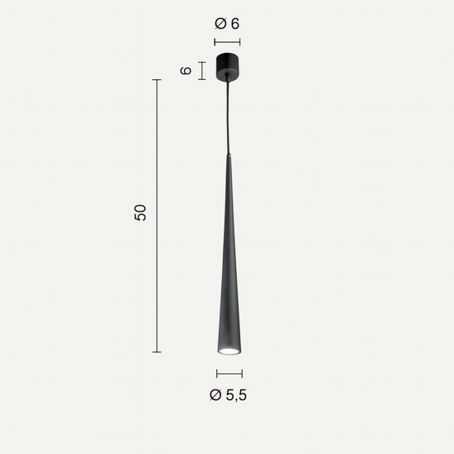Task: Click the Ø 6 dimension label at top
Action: pos(227,24)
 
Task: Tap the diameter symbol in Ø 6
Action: pos(220,24)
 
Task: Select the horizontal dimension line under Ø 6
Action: pos(227,40)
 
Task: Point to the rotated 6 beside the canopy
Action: pos(187,71)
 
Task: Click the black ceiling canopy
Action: pos(227,65)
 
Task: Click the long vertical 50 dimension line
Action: pos(157,215)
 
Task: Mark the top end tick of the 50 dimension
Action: pos(157,79)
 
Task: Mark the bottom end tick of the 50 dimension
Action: pos(157,352)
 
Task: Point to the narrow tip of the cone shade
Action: pos(229,157)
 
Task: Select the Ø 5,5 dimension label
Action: pos(229,395)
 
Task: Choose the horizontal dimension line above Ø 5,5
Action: pos(229,375)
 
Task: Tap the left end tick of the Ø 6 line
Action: pos(214,40)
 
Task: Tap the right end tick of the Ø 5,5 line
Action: pos(243,375)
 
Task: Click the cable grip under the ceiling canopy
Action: pos(227,79)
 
